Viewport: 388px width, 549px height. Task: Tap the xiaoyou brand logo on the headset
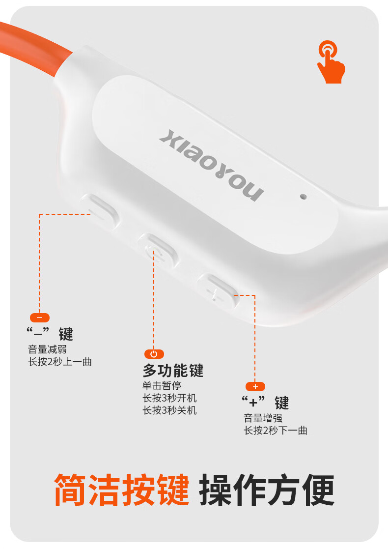[x=211, y=165]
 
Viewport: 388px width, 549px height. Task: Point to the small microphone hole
[x=304, y=196]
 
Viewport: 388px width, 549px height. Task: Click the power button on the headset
[x=157, y=251]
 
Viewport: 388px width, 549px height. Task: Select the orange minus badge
[x=40, y=318]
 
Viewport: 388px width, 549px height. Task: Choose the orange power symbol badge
[x=154, y=354]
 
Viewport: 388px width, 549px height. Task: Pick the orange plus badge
[x=255, y=386]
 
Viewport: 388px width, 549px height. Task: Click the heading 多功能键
[x=173, y=370]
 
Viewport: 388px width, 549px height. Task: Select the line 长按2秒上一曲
[x=60, y=362]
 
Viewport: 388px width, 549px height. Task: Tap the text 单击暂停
[x=162, y=386]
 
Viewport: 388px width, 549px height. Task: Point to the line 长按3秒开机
[x=169, y=398]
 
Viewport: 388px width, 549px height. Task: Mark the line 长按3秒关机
[x=169, y=410]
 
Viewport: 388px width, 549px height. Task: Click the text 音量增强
[x=263, y=418]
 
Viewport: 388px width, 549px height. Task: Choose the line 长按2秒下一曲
[x=276, y=431]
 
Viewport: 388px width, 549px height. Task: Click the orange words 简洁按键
[x=121, y=490]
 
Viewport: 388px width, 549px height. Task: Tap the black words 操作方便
[x=267, y=490]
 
